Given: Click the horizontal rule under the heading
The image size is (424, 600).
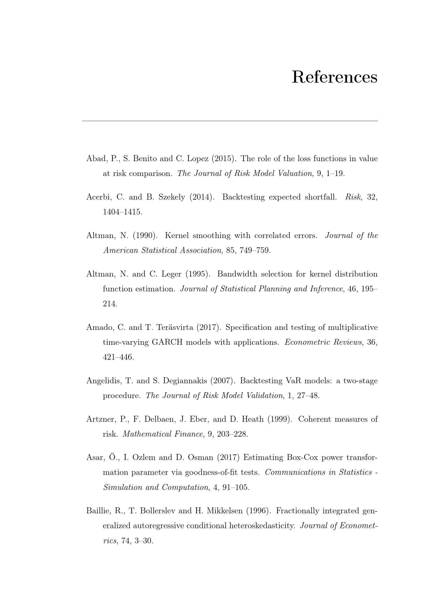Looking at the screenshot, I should tap(230, 121).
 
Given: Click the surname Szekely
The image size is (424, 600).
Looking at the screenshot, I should tap(166, 197).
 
